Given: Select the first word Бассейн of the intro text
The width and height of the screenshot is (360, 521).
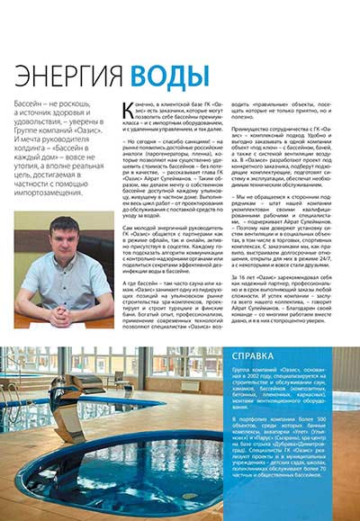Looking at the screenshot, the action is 28,105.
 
